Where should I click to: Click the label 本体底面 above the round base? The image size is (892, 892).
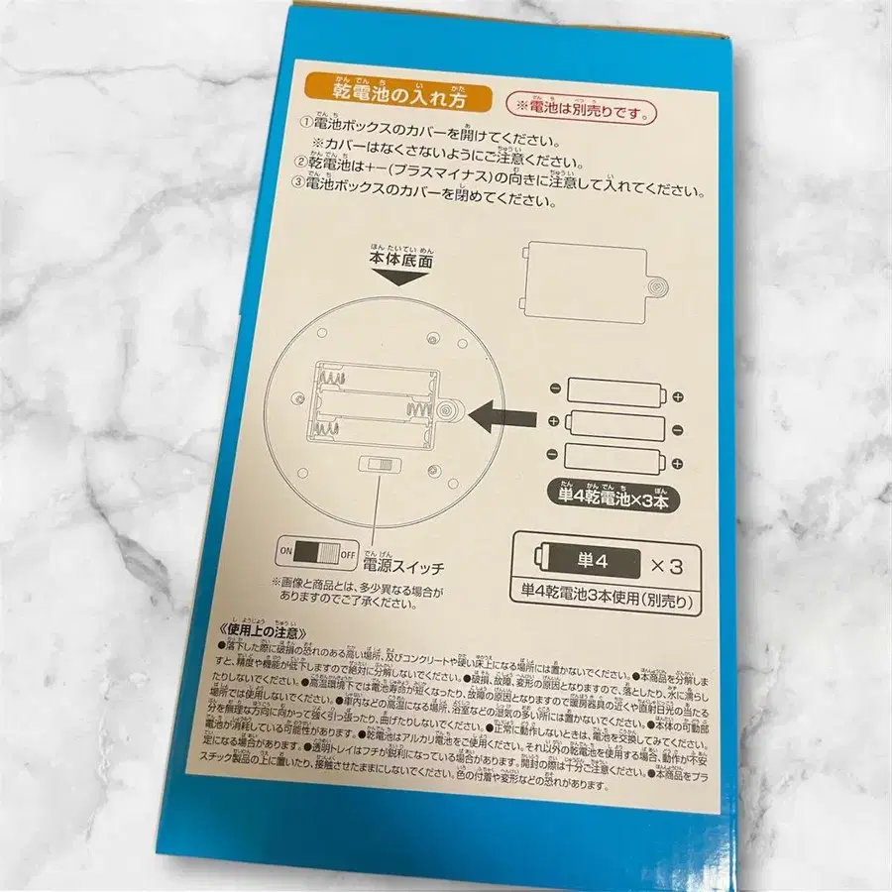click(x=400, y=260)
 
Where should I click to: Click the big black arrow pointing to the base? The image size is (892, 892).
click(x=503, y=416)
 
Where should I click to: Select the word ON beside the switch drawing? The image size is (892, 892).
click(x=286, y=550)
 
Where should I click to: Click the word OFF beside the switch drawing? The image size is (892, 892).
click(x=348, y=552)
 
